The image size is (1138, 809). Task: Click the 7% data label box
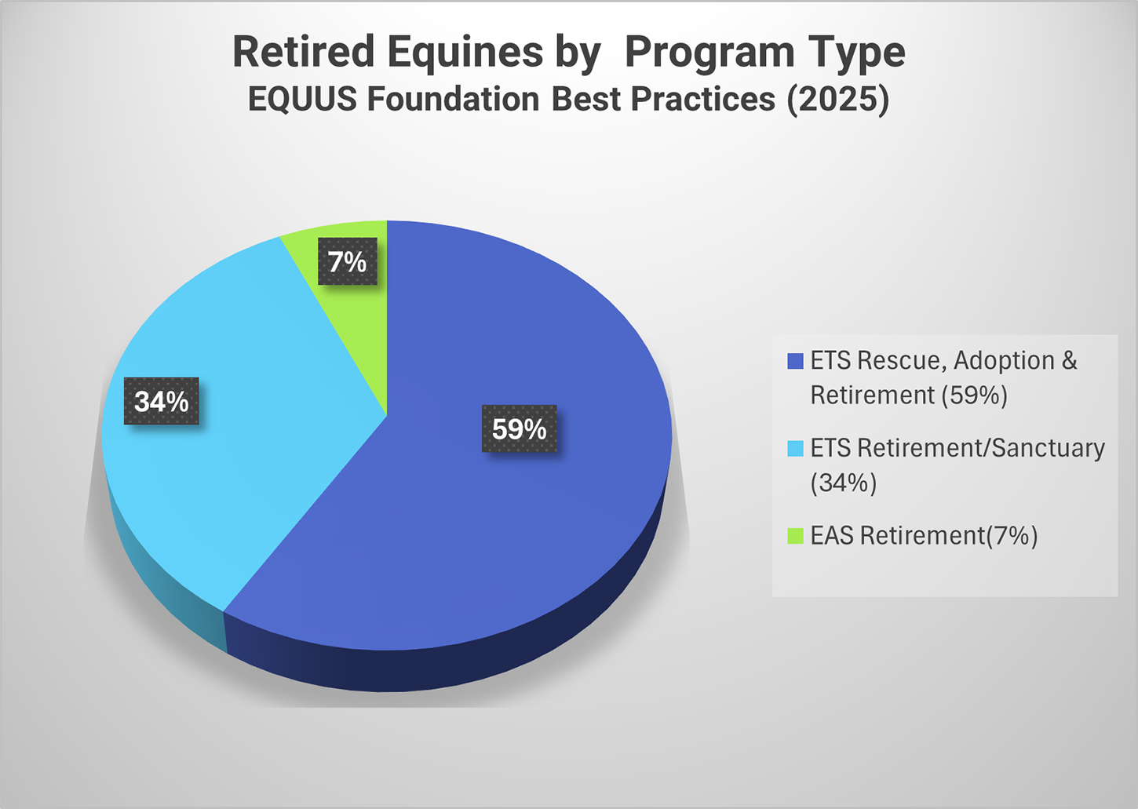(348, 261)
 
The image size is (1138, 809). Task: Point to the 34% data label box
(162, 401)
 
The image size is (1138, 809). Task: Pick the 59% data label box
(520, 428)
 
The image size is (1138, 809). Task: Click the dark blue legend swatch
(795, 361)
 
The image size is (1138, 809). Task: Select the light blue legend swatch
(795, 448)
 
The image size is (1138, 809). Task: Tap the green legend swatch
(795, 536)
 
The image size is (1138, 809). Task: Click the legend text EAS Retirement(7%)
(924, 536)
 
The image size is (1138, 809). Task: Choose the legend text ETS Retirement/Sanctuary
(957, 448)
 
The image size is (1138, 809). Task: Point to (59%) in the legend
(975, 395)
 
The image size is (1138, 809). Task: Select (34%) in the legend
(844, 483)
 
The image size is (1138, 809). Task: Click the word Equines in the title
(465, 52)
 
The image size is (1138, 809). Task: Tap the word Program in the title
(709, 53)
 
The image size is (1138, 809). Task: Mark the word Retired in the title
(304, 52)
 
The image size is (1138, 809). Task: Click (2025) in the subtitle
(838, 99)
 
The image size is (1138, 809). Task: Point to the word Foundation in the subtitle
(453, 99)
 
